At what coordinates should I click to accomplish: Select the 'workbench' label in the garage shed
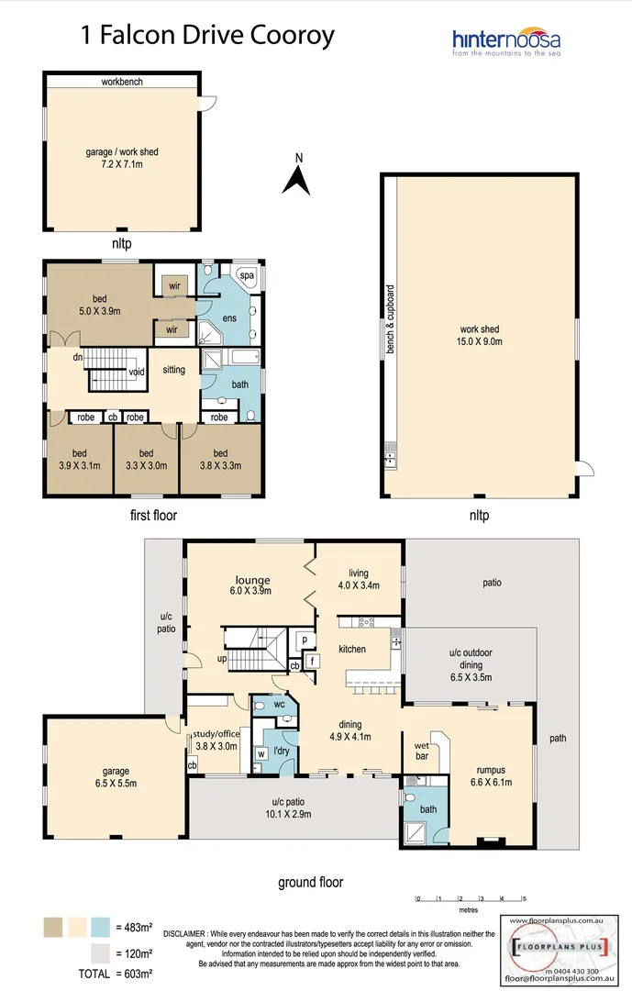[x=122, y=82]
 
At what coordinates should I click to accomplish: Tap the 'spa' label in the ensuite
[x=247, y=275]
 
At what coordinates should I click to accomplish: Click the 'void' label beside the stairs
[x=137, y=372]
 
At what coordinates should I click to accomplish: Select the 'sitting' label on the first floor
[x=173, y=370]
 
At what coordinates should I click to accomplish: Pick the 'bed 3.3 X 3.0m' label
[x=146, y=459]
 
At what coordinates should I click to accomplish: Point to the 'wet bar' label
[x=423, y=752]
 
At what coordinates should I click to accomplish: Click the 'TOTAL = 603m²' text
[x=100, y=972]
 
